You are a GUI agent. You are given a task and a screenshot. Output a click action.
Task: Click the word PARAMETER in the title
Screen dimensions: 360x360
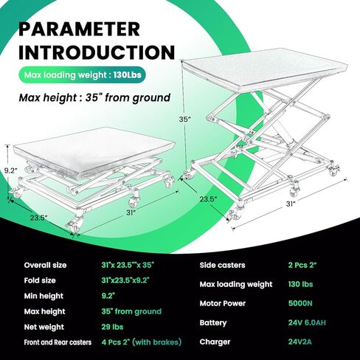tap(79, 29)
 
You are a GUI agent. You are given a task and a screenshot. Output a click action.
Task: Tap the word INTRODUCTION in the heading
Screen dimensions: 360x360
tap(95, 52)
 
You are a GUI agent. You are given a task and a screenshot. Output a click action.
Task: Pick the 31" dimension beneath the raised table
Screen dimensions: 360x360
tap(290, 204)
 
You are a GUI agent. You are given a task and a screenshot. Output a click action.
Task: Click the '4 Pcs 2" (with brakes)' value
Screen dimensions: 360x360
tap(141, 342)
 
